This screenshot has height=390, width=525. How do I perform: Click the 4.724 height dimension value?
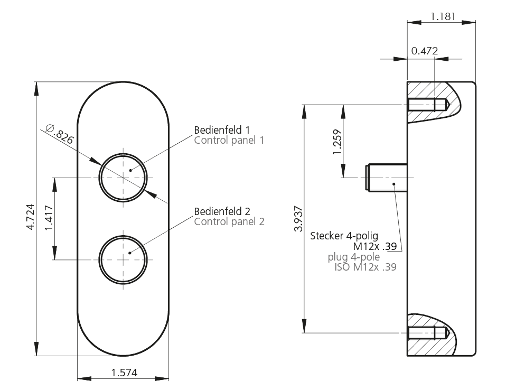point(31,217)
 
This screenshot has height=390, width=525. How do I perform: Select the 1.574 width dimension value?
point(124,373)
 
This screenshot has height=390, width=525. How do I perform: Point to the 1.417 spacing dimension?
point(49,218)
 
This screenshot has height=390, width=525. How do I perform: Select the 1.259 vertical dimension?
point(337,142)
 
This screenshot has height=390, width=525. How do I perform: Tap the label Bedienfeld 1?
point(222,129)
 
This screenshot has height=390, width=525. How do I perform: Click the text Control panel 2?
point(229,221)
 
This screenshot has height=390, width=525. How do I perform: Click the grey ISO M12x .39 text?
point(365,267)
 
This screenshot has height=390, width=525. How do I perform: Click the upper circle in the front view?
point(123,178)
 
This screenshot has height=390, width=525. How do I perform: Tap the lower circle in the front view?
point(123,259)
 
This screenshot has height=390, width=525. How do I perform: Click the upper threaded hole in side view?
point(428,105)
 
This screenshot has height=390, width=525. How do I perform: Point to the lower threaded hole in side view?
point(428,333)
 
